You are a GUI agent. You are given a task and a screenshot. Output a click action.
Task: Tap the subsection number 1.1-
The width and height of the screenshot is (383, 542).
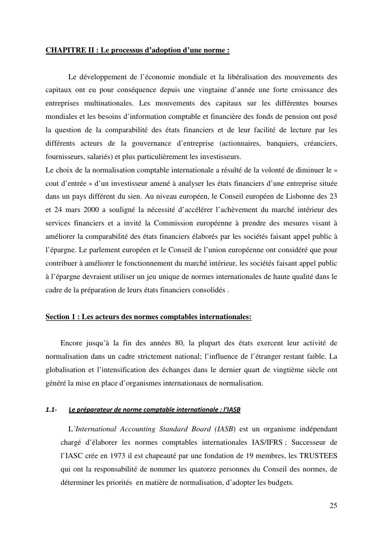[x=51, y=410]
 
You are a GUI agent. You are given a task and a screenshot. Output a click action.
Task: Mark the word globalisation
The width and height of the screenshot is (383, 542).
[x=64, y=370]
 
